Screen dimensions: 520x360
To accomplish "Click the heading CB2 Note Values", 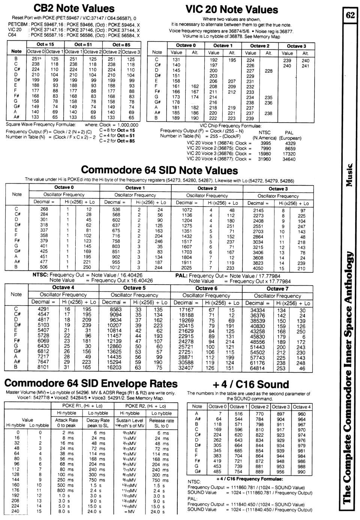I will (x=74, y=8).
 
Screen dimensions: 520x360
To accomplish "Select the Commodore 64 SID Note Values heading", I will (x=159, y=170).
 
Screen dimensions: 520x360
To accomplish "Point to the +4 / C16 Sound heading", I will (x=250, y=384).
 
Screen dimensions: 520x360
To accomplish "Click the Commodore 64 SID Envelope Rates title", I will (x=91, y=383).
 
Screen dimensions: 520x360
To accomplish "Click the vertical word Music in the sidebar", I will (x=349, y=175).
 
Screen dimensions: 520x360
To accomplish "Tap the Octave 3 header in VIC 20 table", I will (x=296, y=46).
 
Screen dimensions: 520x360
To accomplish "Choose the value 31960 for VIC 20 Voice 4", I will (x=265, y=159).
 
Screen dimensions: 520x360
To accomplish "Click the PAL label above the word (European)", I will (x=289, y=132).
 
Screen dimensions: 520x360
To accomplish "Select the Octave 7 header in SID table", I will (x=277, y=288).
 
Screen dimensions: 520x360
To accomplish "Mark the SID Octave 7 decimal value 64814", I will (x=257, y=368).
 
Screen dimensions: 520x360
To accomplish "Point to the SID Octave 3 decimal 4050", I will (x=258, y=268).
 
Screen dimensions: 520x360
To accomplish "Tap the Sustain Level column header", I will (x=129, y=420).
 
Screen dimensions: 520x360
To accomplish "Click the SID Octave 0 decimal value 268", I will (x=44, y=209).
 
